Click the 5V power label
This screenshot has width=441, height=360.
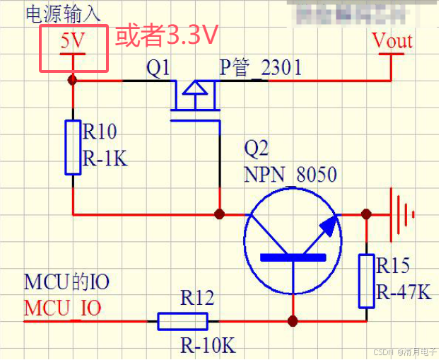point(71,41)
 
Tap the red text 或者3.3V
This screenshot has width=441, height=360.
point(166,35)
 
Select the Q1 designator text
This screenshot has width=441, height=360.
point(158,68)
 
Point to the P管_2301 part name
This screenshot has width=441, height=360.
point(260,68)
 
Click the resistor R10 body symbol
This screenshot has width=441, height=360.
point(73,147)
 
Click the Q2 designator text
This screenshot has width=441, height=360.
point(257,149)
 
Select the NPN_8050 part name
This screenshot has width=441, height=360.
point(290,174)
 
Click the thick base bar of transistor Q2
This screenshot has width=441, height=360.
point(293,257)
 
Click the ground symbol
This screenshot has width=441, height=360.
point(402,213)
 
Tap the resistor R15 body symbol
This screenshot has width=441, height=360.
point(366,281)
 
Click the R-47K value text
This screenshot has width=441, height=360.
point(404,292)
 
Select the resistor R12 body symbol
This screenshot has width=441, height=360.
point(182,322)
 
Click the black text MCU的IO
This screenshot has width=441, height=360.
point(67,283)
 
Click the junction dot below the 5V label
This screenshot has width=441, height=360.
point(72,81)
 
